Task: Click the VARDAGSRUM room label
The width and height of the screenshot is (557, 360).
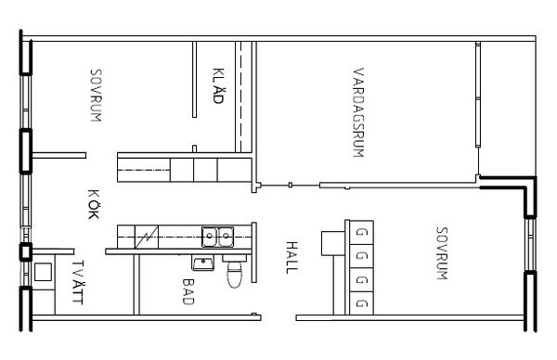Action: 358,112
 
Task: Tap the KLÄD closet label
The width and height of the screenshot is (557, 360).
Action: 218,85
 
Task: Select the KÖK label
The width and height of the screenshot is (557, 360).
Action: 94,204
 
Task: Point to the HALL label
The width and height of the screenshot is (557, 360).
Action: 291,257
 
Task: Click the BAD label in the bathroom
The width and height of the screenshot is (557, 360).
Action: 188,291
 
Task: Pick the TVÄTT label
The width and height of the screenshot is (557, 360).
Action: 77,282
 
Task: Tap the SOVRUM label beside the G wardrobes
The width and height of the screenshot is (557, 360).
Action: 442,253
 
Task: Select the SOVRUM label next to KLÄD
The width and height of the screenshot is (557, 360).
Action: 96,96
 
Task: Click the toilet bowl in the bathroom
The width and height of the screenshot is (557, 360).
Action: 235,275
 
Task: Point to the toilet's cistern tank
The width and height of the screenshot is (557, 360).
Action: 235,258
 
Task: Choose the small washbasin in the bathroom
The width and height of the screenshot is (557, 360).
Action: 203,264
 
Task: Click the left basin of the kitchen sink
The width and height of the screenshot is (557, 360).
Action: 210,237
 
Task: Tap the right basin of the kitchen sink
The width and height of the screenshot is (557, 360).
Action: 226,237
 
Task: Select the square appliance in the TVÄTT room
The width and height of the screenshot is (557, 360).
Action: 43,272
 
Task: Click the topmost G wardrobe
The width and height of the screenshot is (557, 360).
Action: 362,233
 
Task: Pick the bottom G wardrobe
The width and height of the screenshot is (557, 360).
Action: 362,303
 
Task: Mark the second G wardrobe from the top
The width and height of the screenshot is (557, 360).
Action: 362,256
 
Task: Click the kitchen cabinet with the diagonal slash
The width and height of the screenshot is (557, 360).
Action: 147,237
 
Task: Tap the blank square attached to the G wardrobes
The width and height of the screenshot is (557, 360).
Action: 333,243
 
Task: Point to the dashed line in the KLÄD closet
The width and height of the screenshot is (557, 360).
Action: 240,96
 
